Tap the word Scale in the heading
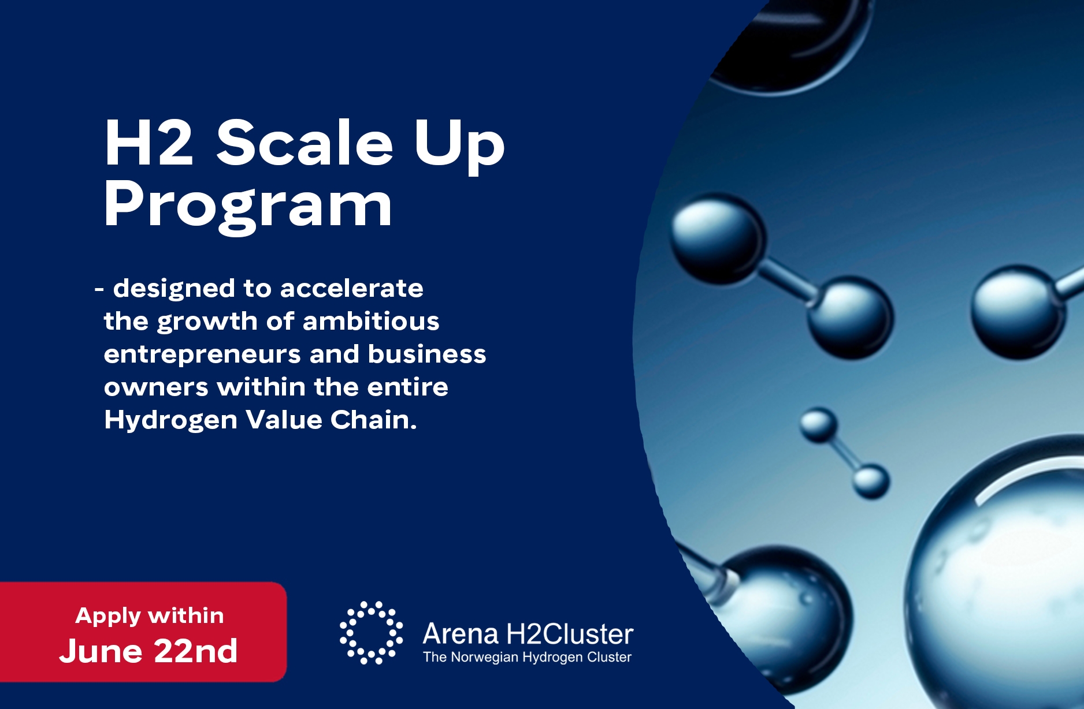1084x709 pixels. (305, 143)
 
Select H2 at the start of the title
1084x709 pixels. (149, 143)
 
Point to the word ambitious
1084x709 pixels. (371, 320)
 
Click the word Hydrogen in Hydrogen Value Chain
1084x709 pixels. (170, 420)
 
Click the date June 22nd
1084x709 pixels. (149, 651)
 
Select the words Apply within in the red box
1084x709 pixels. (150, 616)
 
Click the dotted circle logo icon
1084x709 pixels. (371, 633)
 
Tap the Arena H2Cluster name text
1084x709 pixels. (528, 634)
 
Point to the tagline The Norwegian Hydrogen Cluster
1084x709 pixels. (527, 657)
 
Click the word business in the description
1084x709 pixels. (427, 354)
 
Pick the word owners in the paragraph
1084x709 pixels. (156, 387)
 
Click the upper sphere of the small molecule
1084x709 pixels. (818, 425)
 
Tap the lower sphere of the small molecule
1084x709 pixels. (871, 481)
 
